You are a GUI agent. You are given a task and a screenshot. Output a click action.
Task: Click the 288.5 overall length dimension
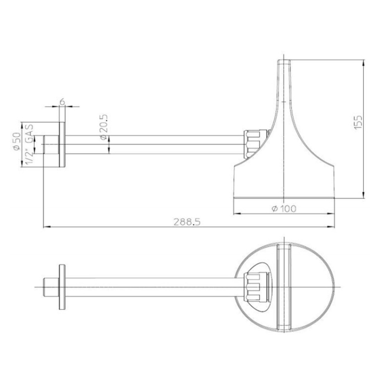[187, 222]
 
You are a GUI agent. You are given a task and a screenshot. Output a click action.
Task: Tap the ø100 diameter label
[284, 209]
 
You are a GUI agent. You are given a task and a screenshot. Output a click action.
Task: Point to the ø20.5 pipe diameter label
[104, 127]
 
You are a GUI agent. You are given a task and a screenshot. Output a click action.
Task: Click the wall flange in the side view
[62, 145]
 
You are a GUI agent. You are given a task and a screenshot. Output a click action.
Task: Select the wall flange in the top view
[62, 287]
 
